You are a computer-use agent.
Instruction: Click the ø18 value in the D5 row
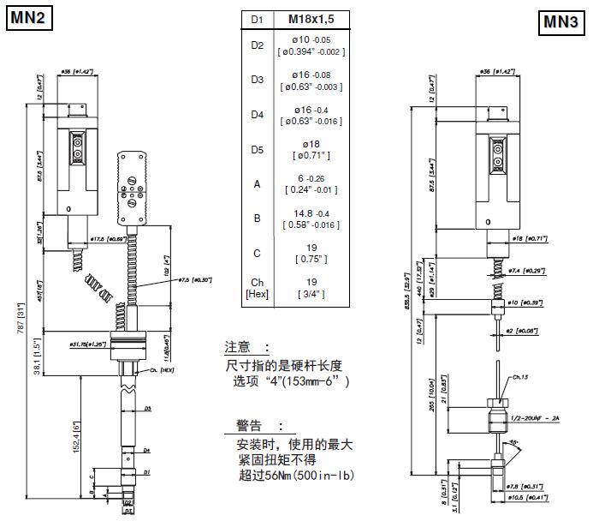click(x=311, y=144)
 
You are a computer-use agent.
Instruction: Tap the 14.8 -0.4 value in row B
click(x=311, y=213)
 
